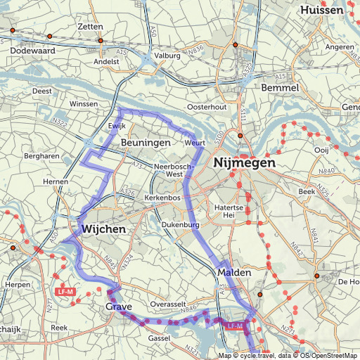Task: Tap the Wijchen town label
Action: (103, 229)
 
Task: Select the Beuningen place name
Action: (146, 143)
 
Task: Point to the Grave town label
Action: (119, 308)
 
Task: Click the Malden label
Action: (234, 272)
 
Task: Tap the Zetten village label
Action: (91, 27)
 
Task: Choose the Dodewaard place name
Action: (33, 51)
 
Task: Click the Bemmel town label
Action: (280, 88)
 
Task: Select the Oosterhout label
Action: (207, 107)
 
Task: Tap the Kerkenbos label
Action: (162, 199)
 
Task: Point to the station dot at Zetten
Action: (101, 41)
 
